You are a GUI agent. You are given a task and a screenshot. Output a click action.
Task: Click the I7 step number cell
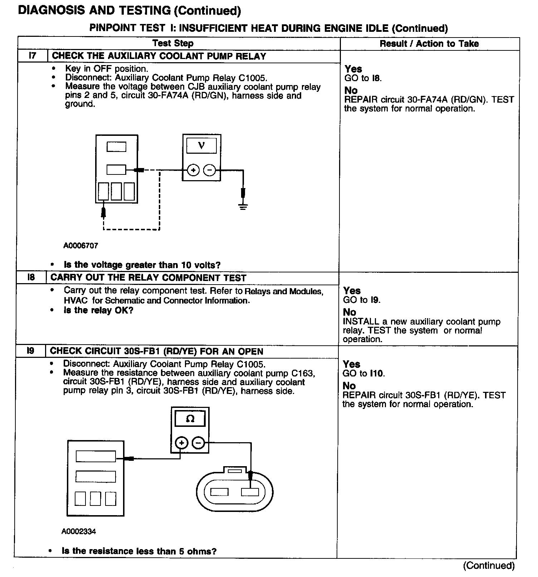coord(33,56)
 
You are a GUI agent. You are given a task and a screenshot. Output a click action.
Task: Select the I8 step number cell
coord(31,278)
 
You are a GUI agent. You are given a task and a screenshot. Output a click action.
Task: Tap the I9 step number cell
coord(31,351)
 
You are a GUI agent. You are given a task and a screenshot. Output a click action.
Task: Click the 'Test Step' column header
coord(173,44)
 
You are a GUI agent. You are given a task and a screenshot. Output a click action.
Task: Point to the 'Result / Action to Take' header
coord(429,44)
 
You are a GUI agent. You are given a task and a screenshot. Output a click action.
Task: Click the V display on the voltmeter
coord(201,146)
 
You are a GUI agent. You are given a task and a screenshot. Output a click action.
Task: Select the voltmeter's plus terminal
coord(193,170)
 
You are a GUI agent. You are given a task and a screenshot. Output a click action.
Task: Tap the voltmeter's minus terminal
coord(209,170)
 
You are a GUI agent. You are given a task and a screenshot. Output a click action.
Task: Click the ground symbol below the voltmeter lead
coord(243,206)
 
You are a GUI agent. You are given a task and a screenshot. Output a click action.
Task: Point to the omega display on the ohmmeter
coord(190,419)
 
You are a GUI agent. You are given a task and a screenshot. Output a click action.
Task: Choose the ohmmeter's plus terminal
coord(182,443)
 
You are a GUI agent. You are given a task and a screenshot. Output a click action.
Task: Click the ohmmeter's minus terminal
coord(198,443)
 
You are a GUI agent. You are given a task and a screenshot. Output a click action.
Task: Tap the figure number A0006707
coord(80,246)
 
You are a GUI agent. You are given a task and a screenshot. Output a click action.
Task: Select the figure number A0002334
coord(79,532)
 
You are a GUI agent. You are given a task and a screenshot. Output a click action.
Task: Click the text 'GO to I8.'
coord(363,78)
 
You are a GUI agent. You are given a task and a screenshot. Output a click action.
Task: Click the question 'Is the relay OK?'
coord(98,310)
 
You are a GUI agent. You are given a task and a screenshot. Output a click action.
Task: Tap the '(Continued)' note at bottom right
coord(489,566)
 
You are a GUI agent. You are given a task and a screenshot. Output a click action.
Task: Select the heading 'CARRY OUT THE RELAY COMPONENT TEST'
coord(148,278)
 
